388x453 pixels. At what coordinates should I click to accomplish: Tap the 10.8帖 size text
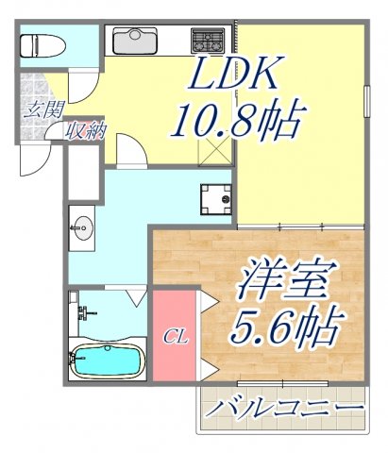pos(236,122)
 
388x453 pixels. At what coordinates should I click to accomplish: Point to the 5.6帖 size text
pos(282,327)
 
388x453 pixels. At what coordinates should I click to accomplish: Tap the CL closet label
pos(173,336)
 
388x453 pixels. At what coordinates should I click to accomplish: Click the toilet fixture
pos(42,44)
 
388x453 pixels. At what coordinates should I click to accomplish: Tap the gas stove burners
pos(208,41)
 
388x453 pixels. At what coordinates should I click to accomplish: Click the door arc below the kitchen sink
pos(132,149)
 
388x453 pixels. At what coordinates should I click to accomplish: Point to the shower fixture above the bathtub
pos(85,311)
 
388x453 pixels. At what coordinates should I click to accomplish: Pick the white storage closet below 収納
pos(83,172)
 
